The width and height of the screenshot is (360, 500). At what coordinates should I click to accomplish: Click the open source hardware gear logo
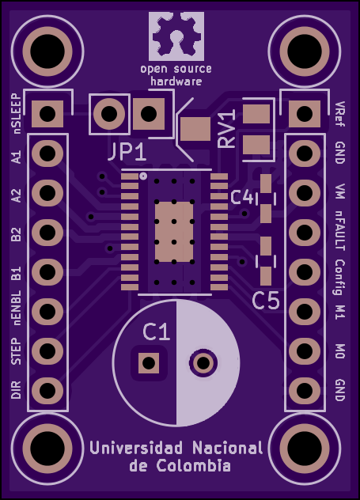[176, 36]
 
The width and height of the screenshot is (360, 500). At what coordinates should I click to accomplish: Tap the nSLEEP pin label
[16, 113]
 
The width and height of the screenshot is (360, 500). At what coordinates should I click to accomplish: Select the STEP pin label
[16, 351]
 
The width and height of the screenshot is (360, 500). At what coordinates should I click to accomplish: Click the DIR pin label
[16, 390]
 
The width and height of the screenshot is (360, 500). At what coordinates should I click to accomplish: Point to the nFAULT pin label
[340, 232]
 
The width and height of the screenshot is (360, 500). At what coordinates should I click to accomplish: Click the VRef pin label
[340, 114]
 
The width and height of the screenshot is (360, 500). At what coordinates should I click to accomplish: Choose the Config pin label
[340, 277]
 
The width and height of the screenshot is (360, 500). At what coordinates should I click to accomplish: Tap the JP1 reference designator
[127, 152]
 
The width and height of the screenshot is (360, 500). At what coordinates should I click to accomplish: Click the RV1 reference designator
[227, 129]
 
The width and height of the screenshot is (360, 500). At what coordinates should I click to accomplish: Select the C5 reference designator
[266, 301]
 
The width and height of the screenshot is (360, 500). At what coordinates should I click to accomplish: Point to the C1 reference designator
[156, 332]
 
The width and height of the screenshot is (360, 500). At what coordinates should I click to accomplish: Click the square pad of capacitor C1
[149, 363]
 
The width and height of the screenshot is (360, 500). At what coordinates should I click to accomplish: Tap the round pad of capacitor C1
[203, 363]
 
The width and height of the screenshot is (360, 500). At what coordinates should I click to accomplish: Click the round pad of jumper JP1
[109, 113]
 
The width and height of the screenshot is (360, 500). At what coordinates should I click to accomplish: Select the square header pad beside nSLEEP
[47, 113]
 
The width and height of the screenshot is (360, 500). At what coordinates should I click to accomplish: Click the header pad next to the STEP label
[47, 350]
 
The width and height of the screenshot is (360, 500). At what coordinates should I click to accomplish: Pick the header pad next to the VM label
[305, 192]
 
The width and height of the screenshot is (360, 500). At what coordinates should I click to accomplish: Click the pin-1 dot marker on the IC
[143, 176]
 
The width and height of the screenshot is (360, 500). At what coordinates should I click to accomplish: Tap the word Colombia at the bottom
[194, 465]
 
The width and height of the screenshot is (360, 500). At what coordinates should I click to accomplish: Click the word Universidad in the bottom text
[136, 448]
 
